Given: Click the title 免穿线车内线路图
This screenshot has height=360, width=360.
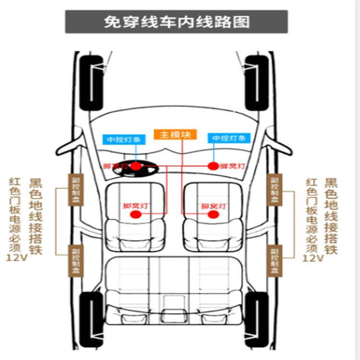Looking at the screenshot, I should click(x=176, y=22).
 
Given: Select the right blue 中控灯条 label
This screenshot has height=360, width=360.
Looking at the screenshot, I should click(x=229, y=138).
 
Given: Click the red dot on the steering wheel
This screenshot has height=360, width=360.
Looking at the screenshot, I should click(x=136, y=166).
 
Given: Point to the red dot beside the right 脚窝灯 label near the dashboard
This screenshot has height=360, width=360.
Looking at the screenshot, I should click(x=213, y=166).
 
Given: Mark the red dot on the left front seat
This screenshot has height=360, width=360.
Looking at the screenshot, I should click(x=135, y=215).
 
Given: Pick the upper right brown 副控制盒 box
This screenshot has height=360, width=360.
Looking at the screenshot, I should click(x=274, y=190).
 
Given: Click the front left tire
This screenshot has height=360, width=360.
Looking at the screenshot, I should click(x=91, y=83).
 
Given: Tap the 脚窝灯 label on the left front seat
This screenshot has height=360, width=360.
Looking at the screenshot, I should click(x=135, y=205).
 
